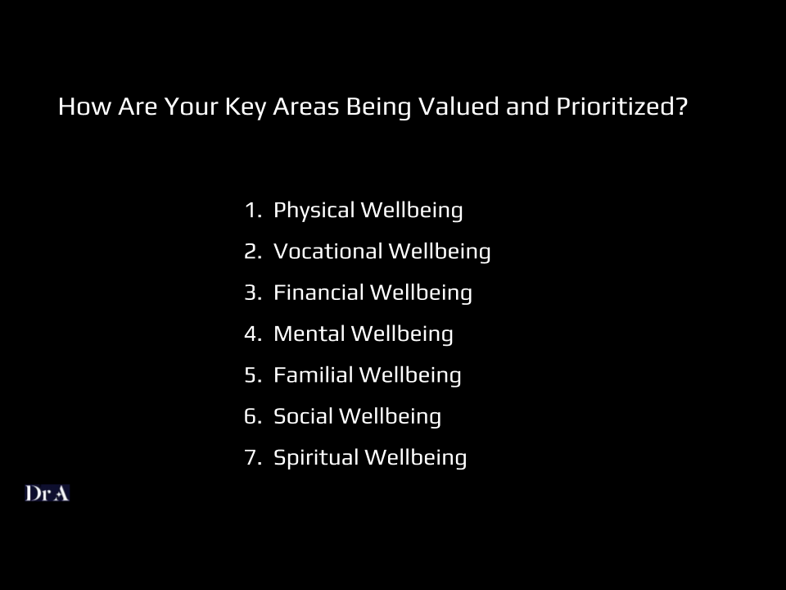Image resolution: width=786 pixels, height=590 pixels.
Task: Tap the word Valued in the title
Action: (x=458, y=106)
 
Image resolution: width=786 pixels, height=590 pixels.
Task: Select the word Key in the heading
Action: (x=245, y=107)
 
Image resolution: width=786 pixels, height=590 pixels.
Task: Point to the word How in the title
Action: (x=84, y=107)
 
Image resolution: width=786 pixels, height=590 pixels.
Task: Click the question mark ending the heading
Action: (x=682, y=106)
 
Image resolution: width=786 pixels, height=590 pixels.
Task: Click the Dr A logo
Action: (x=47, y=493)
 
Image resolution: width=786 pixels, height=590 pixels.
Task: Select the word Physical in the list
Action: (x=314, y=211)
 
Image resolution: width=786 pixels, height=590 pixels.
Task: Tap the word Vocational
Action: (x=327, y=252)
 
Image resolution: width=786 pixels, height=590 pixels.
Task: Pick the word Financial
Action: (x=318, y=293)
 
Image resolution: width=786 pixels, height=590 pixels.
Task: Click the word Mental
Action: (x=309, y=334)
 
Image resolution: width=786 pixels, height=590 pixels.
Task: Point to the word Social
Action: (x=303, y=416)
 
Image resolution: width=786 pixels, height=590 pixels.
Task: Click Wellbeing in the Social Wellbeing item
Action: (x=390, y=417)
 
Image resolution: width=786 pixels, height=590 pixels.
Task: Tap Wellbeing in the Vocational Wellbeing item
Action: (x=440, y=252)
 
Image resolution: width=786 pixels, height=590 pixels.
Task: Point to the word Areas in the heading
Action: (x=305, y=107)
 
